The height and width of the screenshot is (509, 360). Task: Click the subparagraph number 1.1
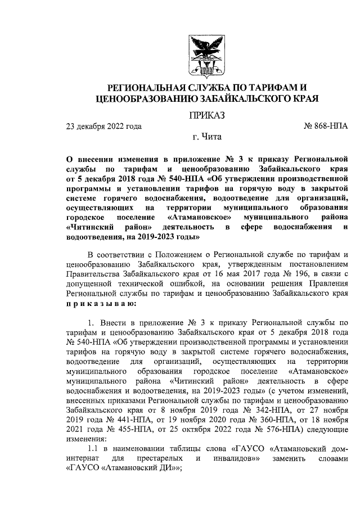coord(94,448)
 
